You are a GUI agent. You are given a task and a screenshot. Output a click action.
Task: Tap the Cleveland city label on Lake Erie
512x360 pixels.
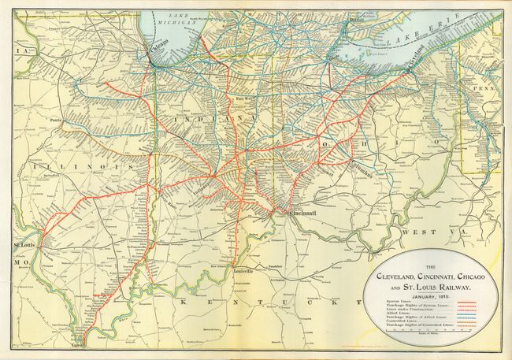click(417, 63)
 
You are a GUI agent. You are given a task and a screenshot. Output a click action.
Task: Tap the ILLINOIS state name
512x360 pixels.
click(72, 168)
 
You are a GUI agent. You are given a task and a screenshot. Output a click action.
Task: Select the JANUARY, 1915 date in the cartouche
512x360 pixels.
click(436, 293)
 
